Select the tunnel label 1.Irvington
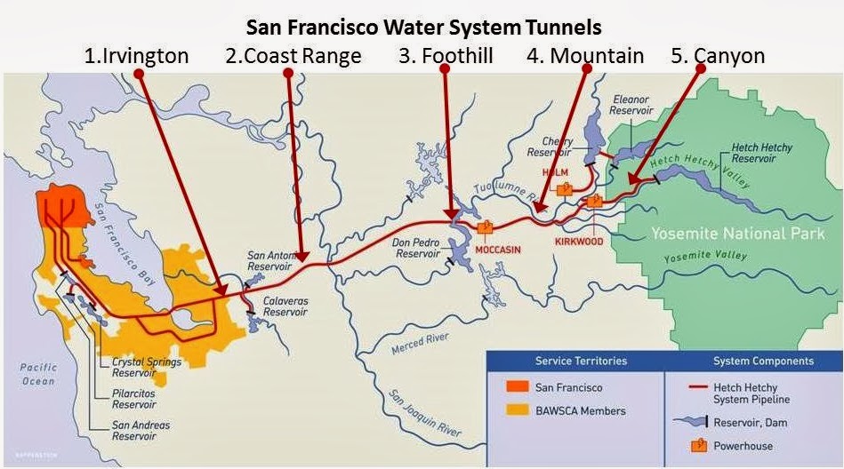click(137, 56)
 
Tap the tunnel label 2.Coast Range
click(293, 56)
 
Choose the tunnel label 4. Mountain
click(584, 56)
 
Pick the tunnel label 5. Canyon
click(718, 56)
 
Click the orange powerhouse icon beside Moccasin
click(486, 227)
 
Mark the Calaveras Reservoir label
click(285, 307)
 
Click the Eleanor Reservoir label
click(631, 106)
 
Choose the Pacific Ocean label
click(39, 374)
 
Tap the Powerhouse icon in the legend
click(698, 444)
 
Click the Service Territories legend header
click(580, 362)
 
